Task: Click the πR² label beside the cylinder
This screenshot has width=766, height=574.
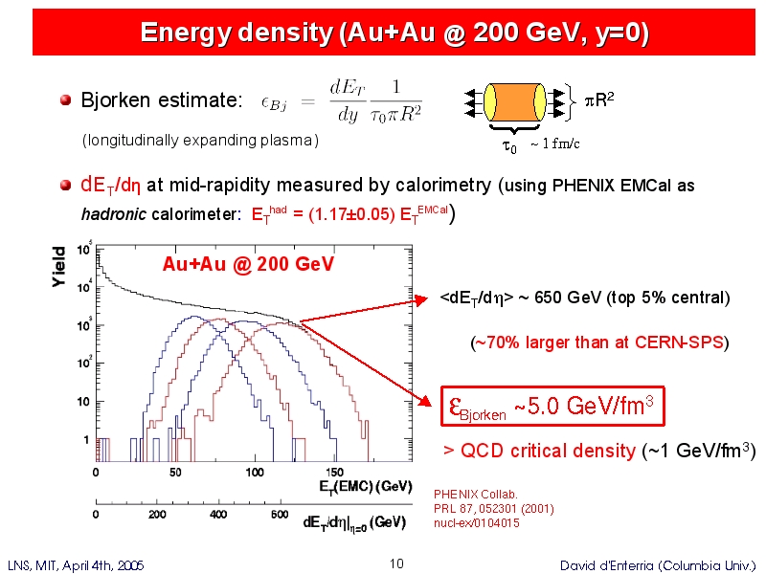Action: pyautogui.click(x=598, y=99)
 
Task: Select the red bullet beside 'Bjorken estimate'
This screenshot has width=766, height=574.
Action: pyautogui.click(x=65, y=99)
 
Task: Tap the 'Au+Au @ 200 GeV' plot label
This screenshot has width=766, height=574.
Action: pyautogui.click(x=248, y=263)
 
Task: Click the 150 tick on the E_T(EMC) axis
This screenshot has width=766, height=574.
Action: pyautogui.click(x=335, y=472)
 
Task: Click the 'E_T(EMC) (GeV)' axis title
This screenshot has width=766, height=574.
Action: pyautogui.click(x=366, y=486)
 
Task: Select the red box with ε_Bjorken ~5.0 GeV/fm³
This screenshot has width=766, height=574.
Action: pyautogui.click(x=552, y=407)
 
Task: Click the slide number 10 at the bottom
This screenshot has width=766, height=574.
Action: pyautogui.click(x=397, y=564)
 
